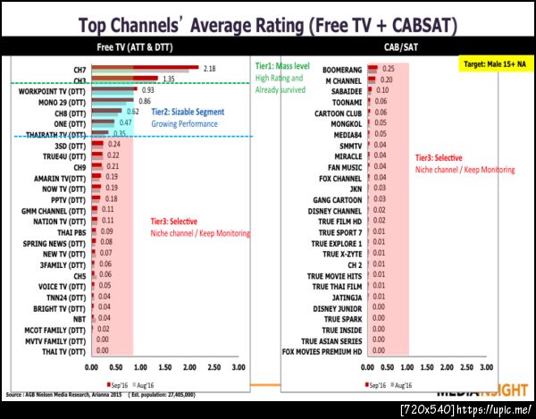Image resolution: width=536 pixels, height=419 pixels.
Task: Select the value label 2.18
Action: pyautogui.click(x=210, y=68)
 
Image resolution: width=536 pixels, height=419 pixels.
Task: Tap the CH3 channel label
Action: pyautogui.click(x=79, y=80)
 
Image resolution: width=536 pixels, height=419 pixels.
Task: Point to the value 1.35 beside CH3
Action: pyautogui.click(x=167, y=80)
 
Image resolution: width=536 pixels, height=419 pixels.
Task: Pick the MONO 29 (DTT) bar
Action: pyautogui.click(x=113, y=101)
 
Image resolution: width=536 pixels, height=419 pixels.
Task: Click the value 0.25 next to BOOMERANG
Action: pyautogui.click(x=389, y=68)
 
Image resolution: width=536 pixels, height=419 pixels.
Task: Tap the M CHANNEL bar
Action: pyautogui.click(x=373, y=79)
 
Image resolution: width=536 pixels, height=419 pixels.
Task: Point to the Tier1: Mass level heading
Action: pyautogui.click(x=281, y=68)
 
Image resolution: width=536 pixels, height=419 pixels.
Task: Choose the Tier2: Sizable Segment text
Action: pyautogui.click(x=197, y=113)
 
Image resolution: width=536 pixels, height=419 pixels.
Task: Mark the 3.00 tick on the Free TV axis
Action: pyautogui.click(x=239, y=367)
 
